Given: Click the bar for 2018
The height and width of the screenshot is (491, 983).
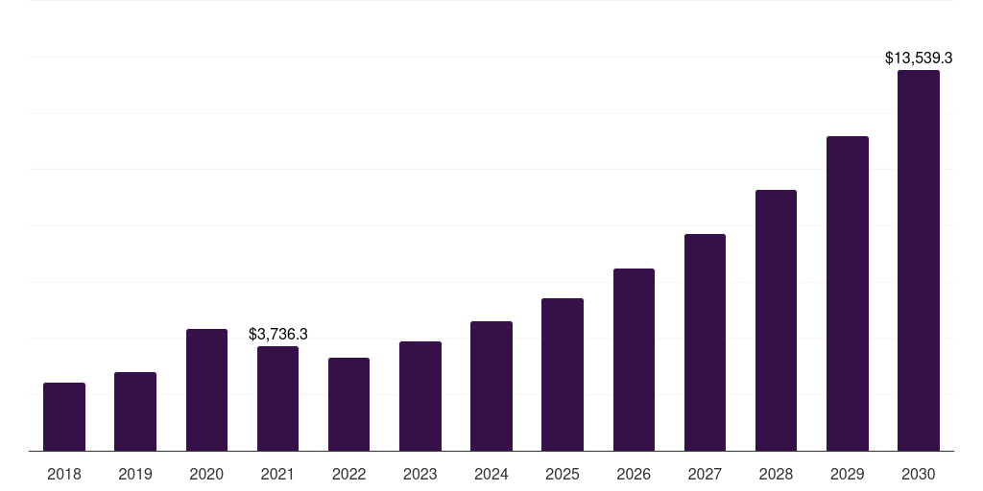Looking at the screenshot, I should (64, 417).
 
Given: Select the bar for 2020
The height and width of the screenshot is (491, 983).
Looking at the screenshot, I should (206, 390).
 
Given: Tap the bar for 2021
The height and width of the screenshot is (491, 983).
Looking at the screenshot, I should (277, 399).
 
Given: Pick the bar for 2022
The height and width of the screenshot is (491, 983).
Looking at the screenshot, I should (348, 405).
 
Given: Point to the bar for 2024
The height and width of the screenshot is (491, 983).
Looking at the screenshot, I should (491, 386).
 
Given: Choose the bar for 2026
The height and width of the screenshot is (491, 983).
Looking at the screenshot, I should (634, 360).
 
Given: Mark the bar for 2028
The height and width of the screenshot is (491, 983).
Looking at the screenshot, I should (776, 320).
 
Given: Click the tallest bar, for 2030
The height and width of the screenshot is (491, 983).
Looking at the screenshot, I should (919, 261).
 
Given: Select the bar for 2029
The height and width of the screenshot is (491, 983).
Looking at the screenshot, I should (848, 293).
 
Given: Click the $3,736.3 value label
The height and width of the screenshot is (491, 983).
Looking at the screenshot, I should (277, 334).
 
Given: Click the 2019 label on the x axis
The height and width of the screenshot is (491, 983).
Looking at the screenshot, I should (135, 474).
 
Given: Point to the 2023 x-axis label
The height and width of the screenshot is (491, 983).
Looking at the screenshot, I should (420, 474).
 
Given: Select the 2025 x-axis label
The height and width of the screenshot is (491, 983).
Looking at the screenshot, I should (563, 474).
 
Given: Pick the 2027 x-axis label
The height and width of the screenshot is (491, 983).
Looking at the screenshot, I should (705, 474).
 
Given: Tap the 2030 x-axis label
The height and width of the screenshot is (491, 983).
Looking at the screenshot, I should (919, 474).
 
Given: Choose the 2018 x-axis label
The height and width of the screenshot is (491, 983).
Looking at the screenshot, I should (64, 474).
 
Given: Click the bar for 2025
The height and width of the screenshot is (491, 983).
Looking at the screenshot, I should (563, 375).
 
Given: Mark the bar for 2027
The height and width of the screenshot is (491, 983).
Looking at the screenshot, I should (705, 342).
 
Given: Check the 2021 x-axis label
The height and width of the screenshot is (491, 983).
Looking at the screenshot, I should (277, 474).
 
